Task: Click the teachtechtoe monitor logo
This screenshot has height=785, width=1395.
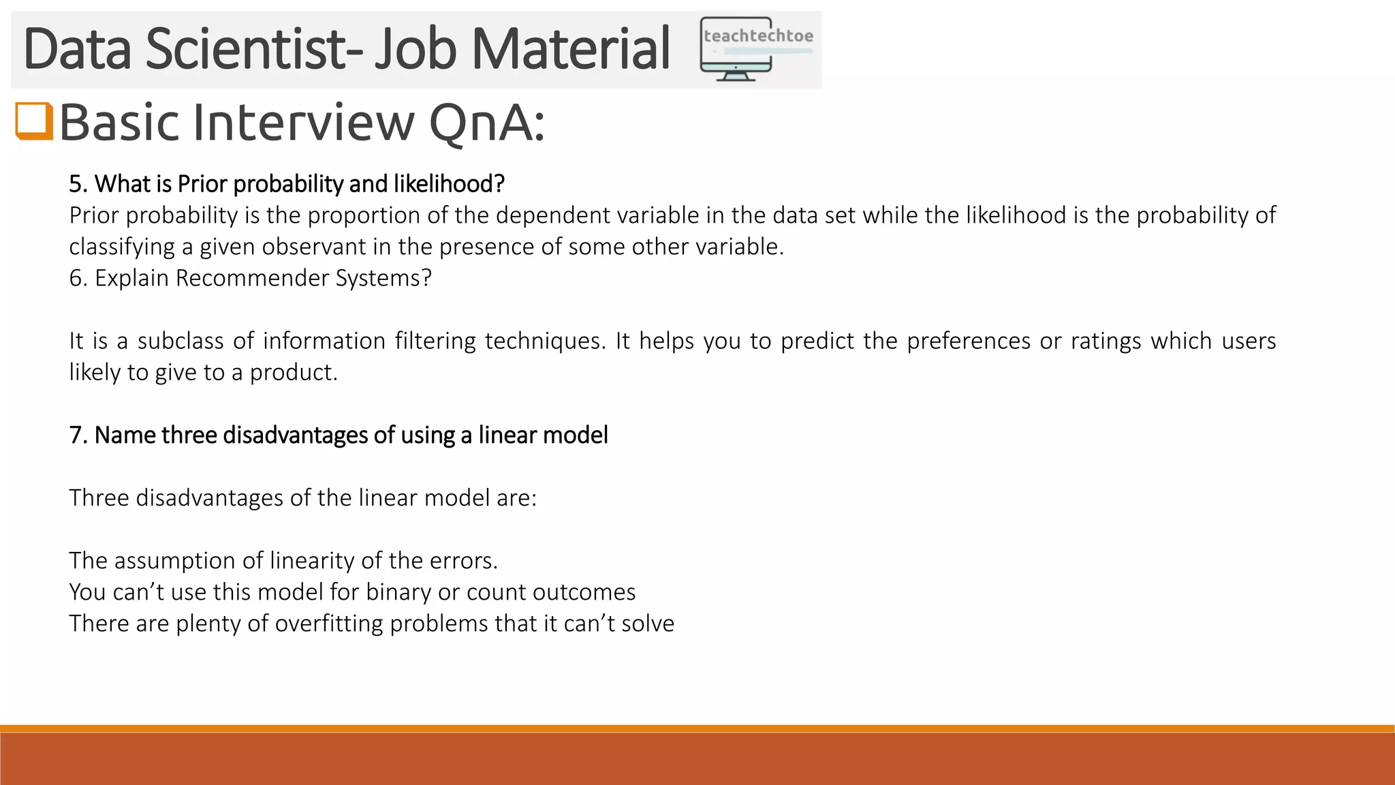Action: [756, 49]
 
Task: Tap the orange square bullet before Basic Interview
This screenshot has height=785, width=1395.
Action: [34, 121]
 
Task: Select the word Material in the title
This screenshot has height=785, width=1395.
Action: [571, 49]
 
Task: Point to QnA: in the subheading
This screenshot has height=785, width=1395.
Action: [487, 123]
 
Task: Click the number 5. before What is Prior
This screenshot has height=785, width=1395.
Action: [78, 184]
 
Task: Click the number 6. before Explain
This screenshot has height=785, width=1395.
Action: [78, 278]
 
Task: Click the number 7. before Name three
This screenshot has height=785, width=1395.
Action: [78, 435]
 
